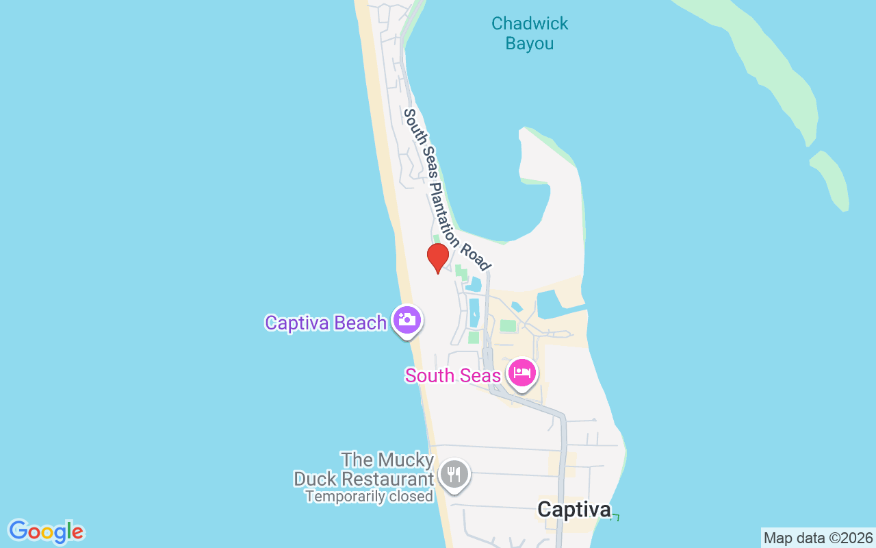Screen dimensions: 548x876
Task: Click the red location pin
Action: click(x=437, y=257)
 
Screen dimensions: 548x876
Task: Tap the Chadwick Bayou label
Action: click(x=530, y=34)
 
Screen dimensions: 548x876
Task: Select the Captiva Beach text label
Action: click(x=326, y=323)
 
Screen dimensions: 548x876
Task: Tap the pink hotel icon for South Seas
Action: click(x=523, y=374)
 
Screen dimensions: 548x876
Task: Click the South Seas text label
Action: click(x=452, y=375)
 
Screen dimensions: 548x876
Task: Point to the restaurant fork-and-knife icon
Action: click(x=453, y=473)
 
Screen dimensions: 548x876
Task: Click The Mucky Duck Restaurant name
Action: click(x=364, y=469)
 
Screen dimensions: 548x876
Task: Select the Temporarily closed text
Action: click(x=369, y=497)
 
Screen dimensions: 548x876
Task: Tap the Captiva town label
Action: click(x=574, y=510)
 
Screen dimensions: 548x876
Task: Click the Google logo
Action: click(x=47, y=532)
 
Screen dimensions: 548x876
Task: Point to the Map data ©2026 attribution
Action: click(x=818, y=538)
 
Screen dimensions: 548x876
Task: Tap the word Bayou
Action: click(x=530, y=44)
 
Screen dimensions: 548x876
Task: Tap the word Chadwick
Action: click(x=530, y=23)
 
